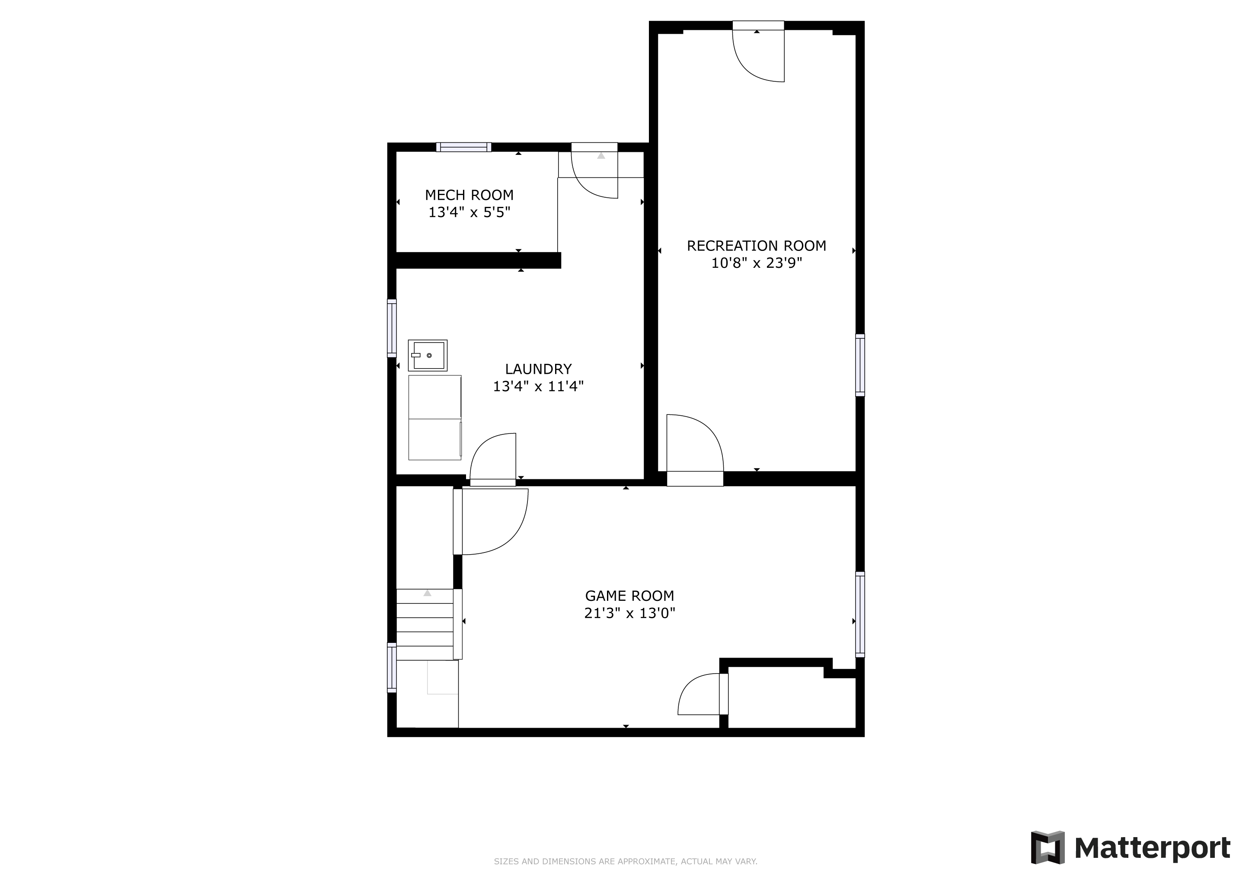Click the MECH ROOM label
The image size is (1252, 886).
tap(469, 195)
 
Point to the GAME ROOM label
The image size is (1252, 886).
tap(629, 596)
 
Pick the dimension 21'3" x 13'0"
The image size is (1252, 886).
tap(629, 613)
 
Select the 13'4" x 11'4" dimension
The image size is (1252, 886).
tap(538, 386)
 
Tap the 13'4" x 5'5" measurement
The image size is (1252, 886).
tap(469, 212)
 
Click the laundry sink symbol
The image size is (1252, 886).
tap(428, 355)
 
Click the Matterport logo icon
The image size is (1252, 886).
tap(1048, 847)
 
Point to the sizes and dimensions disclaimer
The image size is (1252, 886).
tap(626, 861)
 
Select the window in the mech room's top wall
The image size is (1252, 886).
tap(463, 147)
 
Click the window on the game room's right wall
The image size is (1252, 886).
tap(860, 614)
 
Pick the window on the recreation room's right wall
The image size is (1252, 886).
tap(860, 365)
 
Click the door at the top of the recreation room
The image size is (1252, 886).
tap(758, 51)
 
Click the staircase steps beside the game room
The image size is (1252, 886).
tap(425, 624)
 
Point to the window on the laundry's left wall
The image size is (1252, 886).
tap(392, 328)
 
